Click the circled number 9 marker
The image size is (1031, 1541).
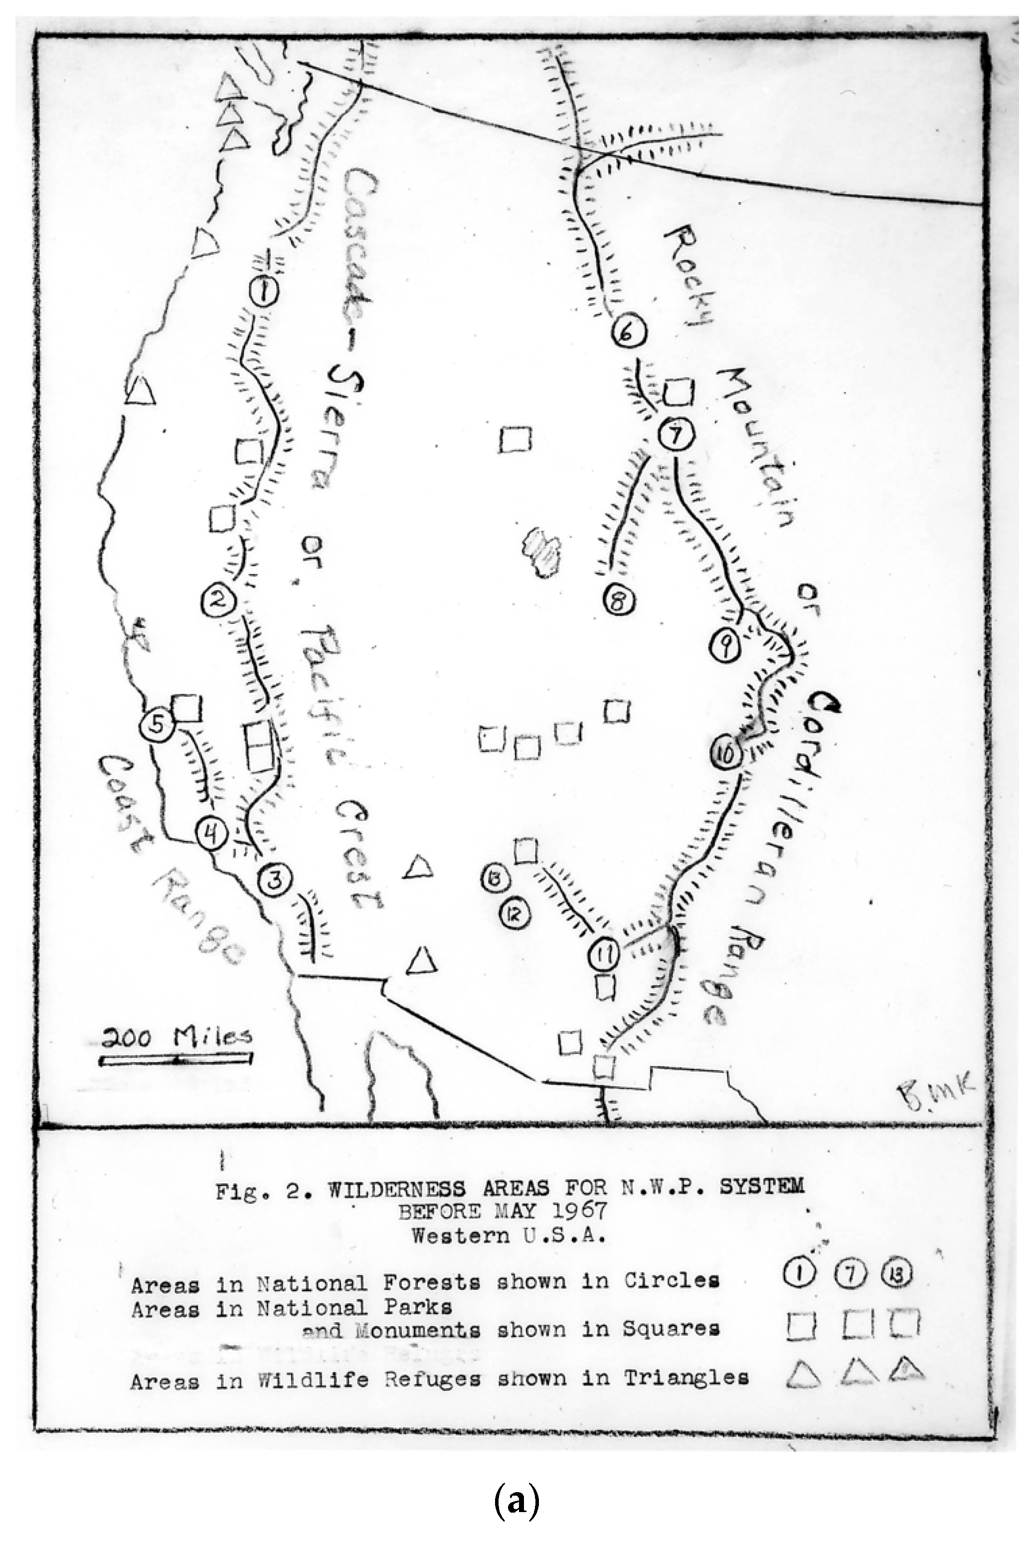[724, 647]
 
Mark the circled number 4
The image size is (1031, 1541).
[211, 835]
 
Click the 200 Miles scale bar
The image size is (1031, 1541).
[175, 1059]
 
